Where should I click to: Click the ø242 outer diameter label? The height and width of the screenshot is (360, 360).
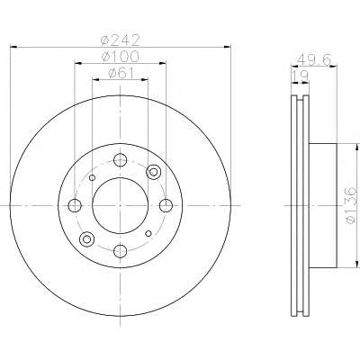point(121,40)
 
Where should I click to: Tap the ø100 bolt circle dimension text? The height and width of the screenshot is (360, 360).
point(120,57)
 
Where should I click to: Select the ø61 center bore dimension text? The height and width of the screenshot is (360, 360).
point(121,73)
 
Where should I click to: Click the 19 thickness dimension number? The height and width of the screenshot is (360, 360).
point(300,76)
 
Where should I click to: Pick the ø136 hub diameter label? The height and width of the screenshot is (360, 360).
point(350,205)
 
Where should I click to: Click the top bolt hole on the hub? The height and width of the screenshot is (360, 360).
point(121,159)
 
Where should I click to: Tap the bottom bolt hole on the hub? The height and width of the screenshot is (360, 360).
point(121,251)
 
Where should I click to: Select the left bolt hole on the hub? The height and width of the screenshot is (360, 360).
point(75,205)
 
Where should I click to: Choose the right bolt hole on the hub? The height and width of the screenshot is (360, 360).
point(166,205)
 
